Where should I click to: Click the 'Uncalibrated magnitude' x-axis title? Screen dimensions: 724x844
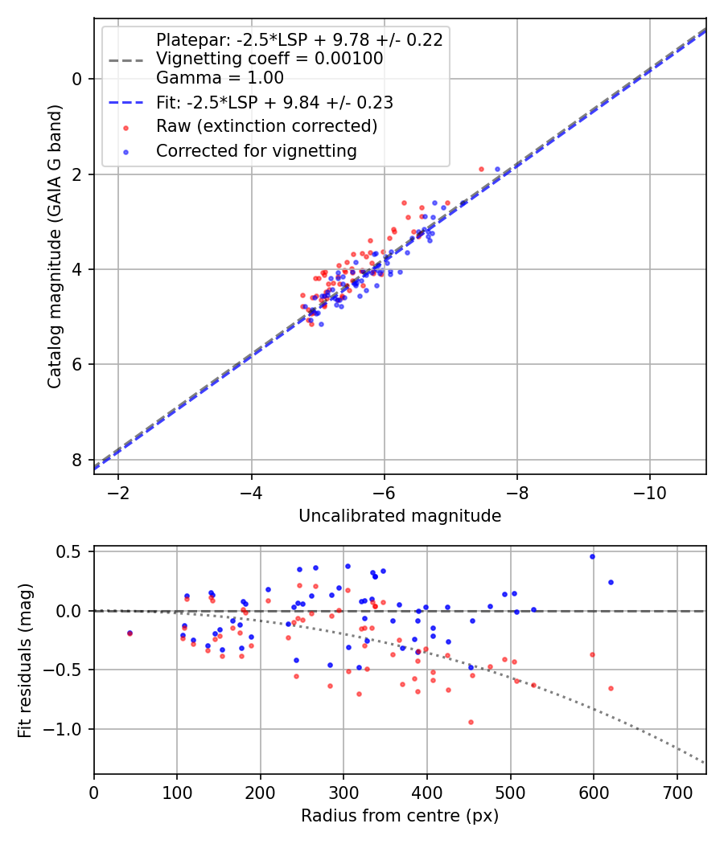[x=400, y=516]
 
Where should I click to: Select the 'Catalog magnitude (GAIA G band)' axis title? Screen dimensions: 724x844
[x=54, y=247]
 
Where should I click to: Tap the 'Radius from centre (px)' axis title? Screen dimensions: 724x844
[x=400, y=816]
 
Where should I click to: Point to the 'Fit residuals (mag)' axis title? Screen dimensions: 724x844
[x=25, y=661]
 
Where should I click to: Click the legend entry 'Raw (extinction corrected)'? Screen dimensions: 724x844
[x=266, y=126]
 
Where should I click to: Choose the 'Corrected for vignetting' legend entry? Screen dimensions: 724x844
[x=257, y=151]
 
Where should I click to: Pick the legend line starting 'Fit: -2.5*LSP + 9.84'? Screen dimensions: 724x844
[x=275, y=102]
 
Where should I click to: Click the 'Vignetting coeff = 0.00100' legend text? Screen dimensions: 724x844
[x=269, y=58]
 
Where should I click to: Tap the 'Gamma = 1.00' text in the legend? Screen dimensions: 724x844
[x=220, y=77]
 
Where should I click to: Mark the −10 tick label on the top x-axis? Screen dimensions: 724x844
[x=650, y=493]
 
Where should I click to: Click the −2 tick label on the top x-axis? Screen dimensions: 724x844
[x=118, y=493]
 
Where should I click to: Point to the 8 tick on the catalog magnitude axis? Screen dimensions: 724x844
[x=76, y=460]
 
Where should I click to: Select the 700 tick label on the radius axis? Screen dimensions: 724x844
[x=677, y=793]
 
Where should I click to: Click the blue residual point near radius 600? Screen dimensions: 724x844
[x=593, y=556]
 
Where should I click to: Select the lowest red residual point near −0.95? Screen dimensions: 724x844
[x=471, y=723]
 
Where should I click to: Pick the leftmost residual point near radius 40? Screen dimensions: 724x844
[x=130, y=633]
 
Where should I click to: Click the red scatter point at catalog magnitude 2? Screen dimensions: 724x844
[x=482, y=169]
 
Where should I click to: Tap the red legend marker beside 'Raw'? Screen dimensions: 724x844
[x=126, y=128]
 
